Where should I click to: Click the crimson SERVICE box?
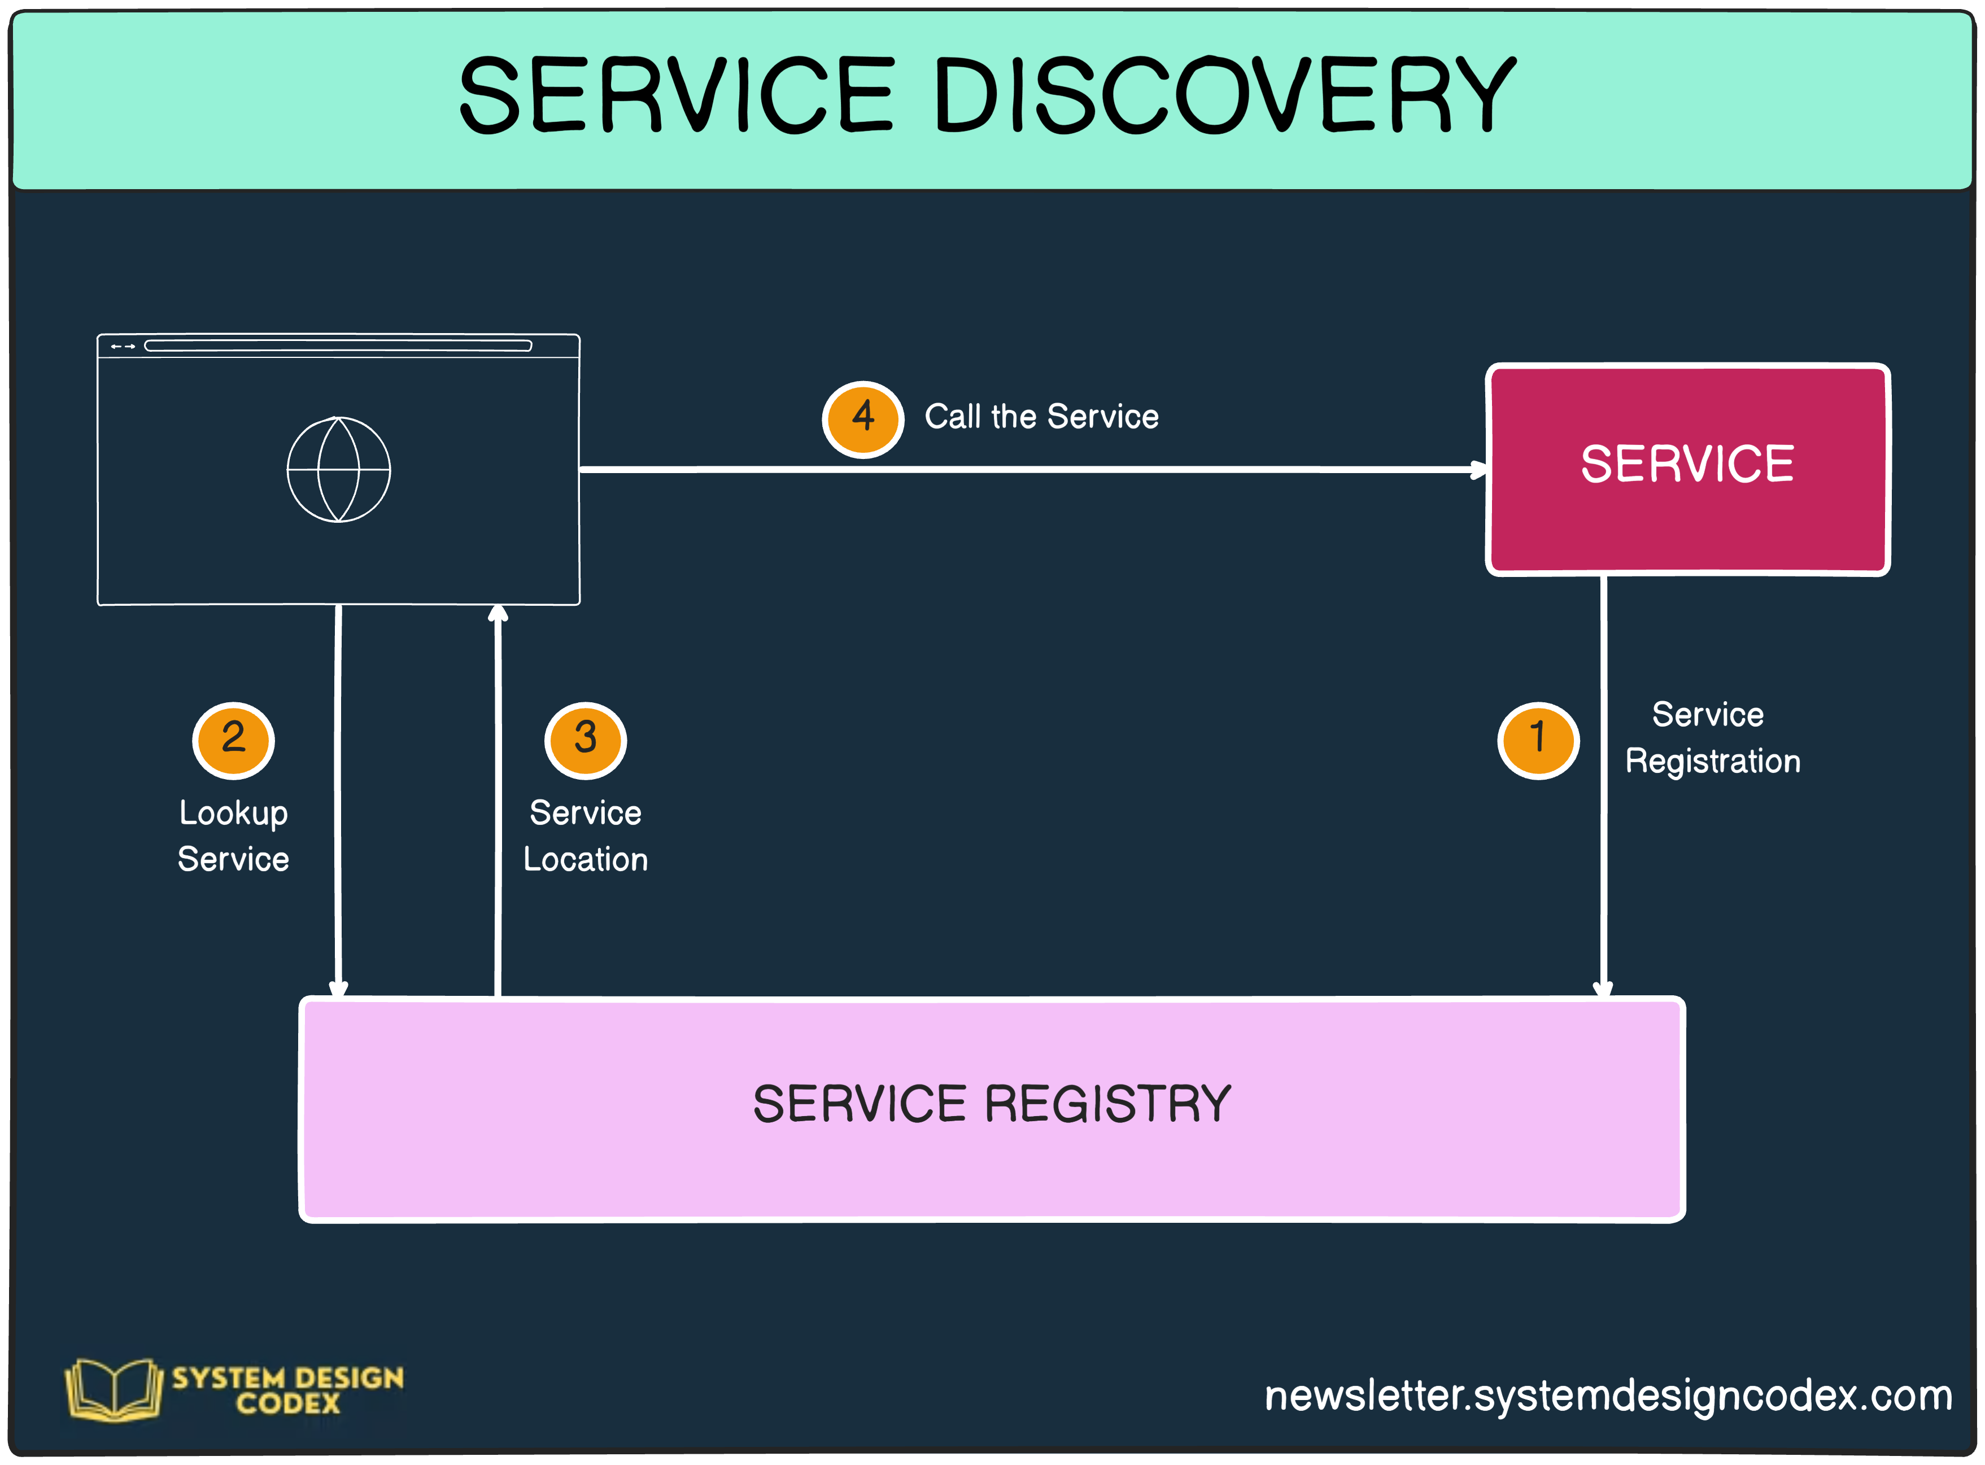pyautogui.click(x=1687, y=469)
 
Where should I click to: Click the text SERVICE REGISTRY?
pyautogui.click(x=992, y=1105)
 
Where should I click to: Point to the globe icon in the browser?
pyautogui.click(x=339, y=469)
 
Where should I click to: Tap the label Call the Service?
pyautogui.click(x=1041, y=417)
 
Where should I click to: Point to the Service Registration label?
pyautogui.click(x=1712, y=738)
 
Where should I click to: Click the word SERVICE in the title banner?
pyautogui.click(x=676, y=95)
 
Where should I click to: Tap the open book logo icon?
pyautogui.click(x=114, y=1389)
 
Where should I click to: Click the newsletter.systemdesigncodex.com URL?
pyautogui.click(x=1607, y=1396)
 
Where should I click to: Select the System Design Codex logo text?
pyautogui.click(x=287, y=1389)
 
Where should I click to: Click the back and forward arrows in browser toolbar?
pyautogui.click(x=123, y=347)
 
